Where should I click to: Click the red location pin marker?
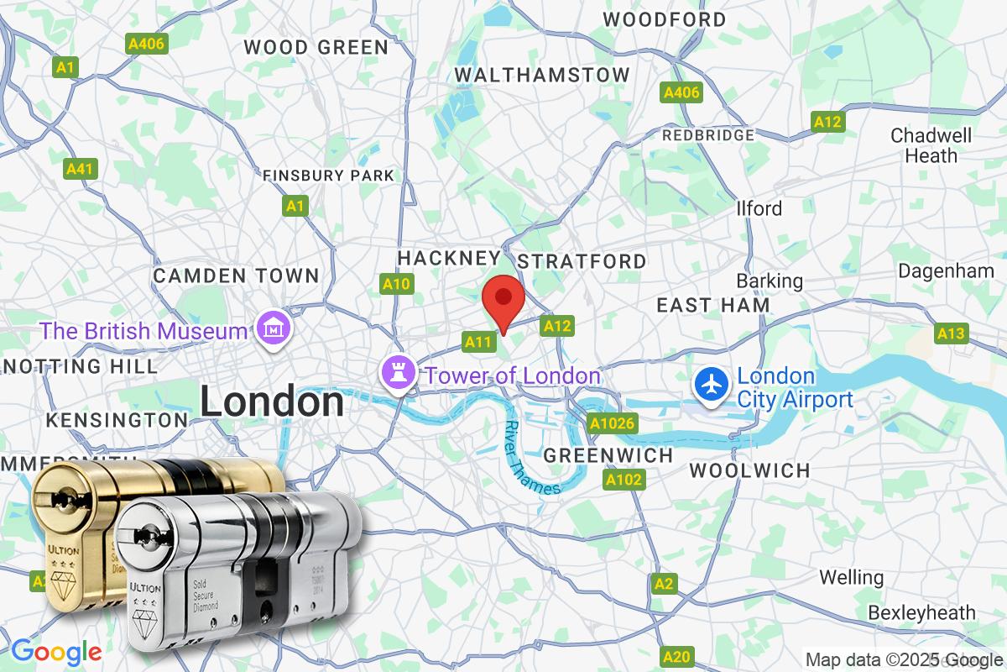(x=503, y=301)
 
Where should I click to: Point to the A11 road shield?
(x=478, y=341)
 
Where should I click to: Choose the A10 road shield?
(x=396, y=284)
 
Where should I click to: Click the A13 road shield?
(x=951, y=333)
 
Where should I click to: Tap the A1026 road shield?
(x=612, y=423)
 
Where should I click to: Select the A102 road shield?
(x=624, y=480)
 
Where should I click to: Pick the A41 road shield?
(x=80, y=169)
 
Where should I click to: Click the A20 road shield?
(x=676, y=656)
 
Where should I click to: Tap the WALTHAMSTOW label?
(x=542, y=75)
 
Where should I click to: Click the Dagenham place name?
(x=946, y=270)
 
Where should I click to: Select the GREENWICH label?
(x=608, y=455)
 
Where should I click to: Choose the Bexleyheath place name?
(x=922, y=612)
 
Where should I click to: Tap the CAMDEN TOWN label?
(x=236, y=276)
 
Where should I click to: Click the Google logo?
(x=55, y=651)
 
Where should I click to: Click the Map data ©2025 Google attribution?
(x=905, y=659)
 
